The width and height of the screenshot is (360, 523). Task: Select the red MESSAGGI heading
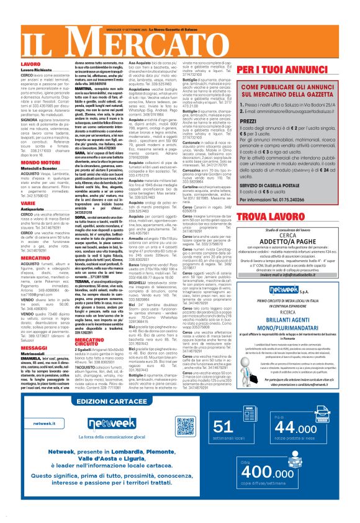(17, 330)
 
